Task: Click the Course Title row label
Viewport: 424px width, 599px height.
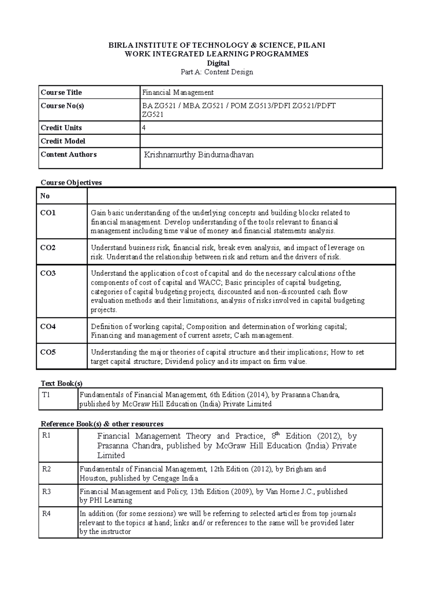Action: tap(61, 92)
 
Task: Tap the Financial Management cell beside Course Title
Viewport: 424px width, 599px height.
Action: tap(178, 92)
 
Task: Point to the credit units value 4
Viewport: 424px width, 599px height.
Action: tap(144, 128)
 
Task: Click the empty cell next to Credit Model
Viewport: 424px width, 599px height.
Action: tap(261, 141)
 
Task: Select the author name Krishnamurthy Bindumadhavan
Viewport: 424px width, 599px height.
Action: tap(199, 155)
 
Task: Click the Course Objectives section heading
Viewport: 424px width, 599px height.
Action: tap(71, 183)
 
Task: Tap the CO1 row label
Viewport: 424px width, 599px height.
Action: tap(48, 213)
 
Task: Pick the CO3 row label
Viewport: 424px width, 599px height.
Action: tap(48, 273)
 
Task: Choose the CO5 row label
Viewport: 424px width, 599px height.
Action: tap(48, 352)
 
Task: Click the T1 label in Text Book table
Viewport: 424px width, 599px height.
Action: tap(46, 395)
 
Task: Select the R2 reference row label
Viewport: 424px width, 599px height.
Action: tap(46, 469)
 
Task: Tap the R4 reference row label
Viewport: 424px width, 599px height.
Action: tap(46, 514)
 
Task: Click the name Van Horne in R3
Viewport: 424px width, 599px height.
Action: tap(282, 491)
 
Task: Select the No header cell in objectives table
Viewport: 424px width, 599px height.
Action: tap(45, 196)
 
